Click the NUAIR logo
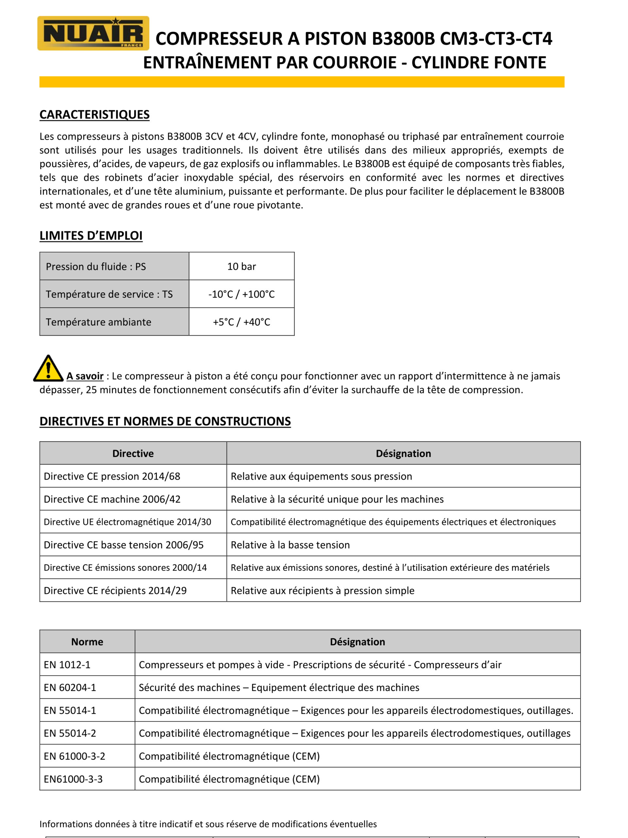93,33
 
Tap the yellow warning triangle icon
48,369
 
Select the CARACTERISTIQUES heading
94,115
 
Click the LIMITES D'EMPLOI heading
91,235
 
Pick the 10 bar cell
241,266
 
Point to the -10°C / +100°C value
241,294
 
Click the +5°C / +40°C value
241,322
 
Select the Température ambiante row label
98,322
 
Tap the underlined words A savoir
85,376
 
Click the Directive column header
133,453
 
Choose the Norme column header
87,642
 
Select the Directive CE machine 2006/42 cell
112,499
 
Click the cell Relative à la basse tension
290,545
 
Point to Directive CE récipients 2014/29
115,590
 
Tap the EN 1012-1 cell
67,665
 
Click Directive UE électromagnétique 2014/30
127,522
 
